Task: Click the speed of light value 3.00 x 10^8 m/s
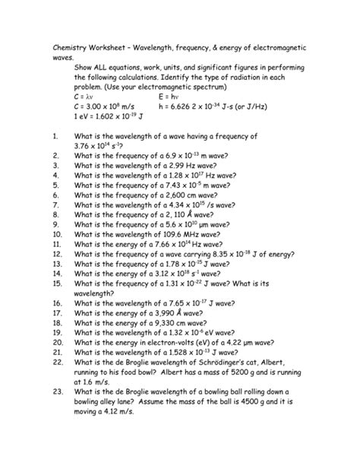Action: (108, 107)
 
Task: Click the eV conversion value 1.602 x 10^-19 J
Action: (116, 118)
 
